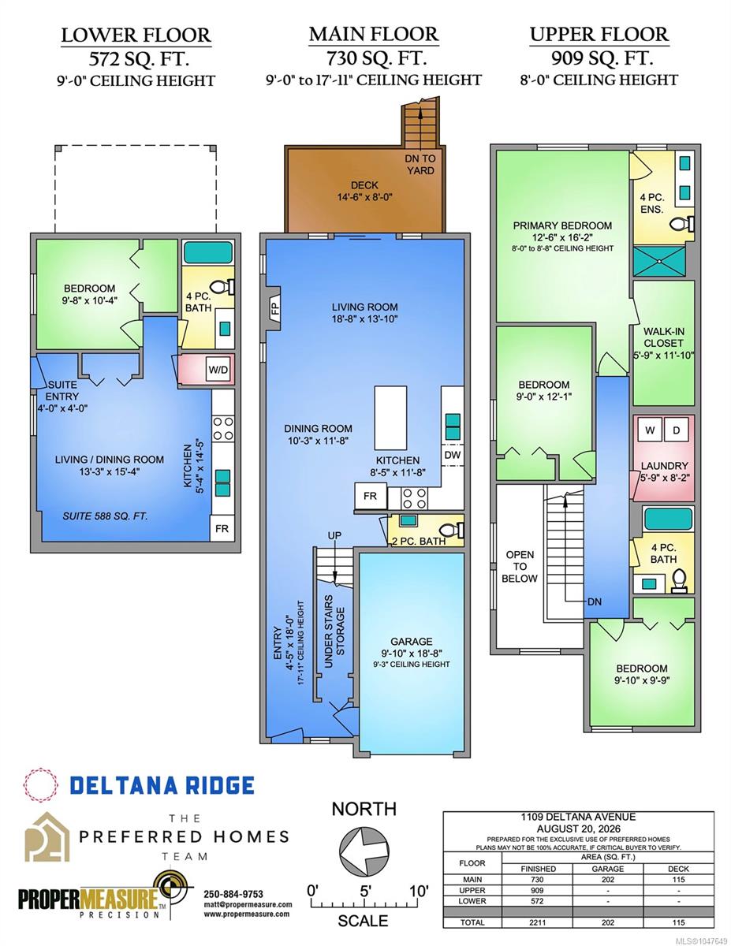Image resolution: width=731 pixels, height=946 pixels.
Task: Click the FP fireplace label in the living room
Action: coord(275,309)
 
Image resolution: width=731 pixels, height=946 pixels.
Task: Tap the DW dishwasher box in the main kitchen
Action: coord(453,456)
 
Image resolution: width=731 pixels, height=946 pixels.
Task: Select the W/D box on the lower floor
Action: coord(218,370)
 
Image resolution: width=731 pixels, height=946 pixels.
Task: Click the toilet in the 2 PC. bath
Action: coord(452,530)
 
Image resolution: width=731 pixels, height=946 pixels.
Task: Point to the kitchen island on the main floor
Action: coord(390,418)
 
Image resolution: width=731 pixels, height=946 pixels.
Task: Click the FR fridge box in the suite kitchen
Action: coord(222,528)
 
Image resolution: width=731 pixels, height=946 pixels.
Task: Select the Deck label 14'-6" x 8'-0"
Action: coord(364,191)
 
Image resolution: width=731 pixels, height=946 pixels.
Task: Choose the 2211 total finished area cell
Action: coord(537,922)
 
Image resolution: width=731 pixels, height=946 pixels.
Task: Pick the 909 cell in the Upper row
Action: coord(537,890)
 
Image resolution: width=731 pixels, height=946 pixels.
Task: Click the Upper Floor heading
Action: coord(599,35)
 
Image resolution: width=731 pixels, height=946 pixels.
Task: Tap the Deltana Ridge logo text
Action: coord(162,785)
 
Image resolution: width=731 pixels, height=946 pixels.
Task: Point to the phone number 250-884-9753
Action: coord(233,894)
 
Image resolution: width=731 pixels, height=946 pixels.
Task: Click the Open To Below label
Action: coord(520,566)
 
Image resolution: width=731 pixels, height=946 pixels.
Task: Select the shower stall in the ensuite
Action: coord(659,261)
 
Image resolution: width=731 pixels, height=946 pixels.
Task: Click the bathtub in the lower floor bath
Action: coord(207,252)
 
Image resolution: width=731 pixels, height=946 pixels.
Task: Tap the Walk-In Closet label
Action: coord(663,343)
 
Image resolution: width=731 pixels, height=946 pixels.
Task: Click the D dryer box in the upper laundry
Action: coord(676,430)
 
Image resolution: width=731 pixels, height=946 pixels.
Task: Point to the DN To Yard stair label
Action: coord(420,164)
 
